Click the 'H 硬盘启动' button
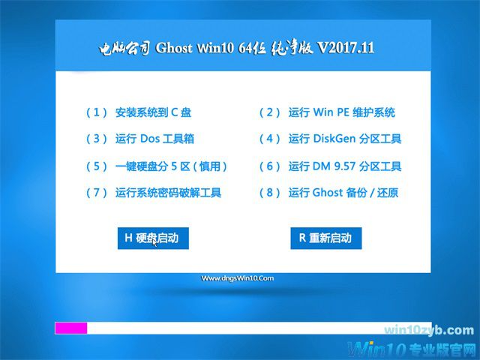[153, 238]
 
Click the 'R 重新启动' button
[325, 238]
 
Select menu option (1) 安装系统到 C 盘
[153, 112]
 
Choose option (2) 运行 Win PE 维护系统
[341, 112]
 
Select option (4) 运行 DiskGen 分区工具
[345, 139]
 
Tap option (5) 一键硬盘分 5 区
[171, 166]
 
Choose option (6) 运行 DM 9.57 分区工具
[345, 166]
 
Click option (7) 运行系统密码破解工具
[168, 193]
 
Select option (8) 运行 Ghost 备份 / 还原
[343, 193]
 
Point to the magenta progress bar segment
[71, 328]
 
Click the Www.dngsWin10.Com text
[238, 278]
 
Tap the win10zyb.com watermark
[428, 330]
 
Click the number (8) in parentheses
[270, 193]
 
